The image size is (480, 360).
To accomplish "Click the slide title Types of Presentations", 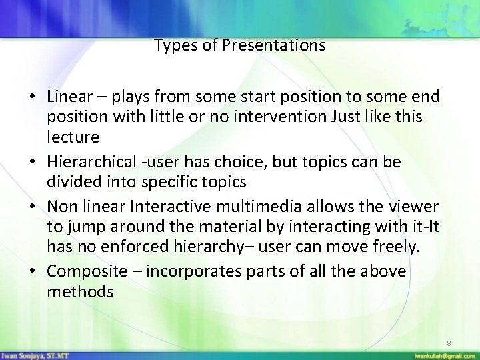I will click(x=239, y=46).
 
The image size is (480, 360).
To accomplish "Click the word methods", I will click(x=80, y=291).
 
